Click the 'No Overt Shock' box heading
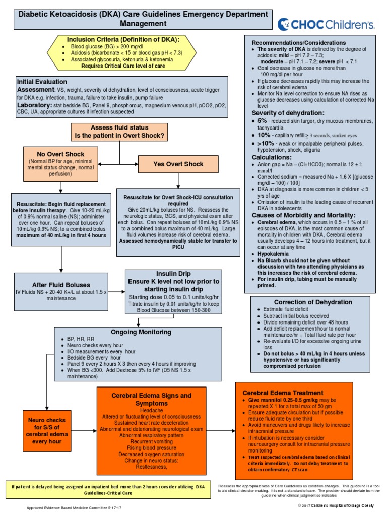click(x=60, y=153)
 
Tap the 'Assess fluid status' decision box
click(x=120, y=132)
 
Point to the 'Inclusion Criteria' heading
click(x=123, y=39)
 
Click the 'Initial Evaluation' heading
click(x=42, y=81)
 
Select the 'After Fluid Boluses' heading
click(x=61, y=284)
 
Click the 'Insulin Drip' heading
click(x=173, y=273)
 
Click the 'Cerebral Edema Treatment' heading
click(x=283, y=393)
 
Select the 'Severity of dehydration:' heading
click(x=288, y=113)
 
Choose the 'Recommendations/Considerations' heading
click(x=298, y=42)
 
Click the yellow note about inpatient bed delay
click(x=108, y=489)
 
